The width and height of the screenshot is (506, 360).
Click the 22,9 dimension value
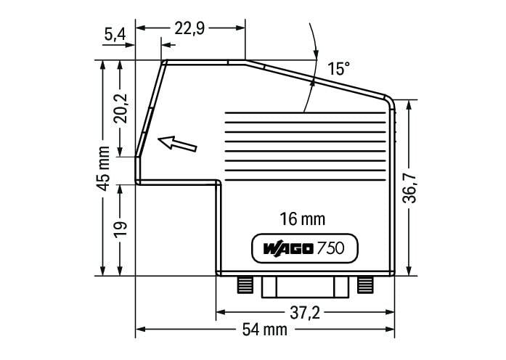click(189, 28)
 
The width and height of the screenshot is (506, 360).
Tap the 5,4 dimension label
click(115, 34)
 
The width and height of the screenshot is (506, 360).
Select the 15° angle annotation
click(338, 69)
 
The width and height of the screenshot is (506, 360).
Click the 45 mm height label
click(104, 168)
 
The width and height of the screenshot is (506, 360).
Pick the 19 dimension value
click(121, 229)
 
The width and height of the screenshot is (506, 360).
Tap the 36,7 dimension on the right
click(409, 188)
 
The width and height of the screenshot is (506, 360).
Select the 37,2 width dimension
click(305, 313)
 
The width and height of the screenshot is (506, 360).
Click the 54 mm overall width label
click(265, 330)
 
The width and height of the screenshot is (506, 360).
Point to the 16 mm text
click(303, 219)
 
